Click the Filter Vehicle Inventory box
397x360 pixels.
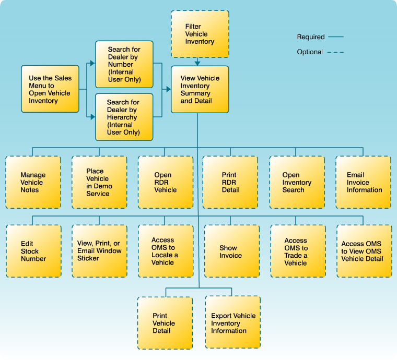(200, 34)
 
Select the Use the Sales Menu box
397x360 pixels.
(50, 89)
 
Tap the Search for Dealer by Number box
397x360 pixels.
(124, 64)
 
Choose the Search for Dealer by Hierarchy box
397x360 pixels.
(124, 117)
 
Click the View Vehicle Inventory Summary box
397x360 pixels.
(200, 89)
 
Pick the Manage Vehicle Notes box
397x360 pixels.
(33, 182)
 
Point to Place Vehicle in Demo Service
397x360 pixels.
(99, 182)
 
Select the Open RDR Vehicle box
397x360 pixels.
(166, 182)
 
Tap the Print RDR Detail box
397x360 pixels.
(230, 182)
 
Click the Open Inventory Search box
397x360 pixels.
(297, 182)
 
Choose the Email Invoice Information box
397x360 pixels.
(363, 182)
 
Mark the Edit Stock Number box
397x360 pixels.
(33, 251)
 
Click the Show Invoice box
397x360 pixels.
(231, 251)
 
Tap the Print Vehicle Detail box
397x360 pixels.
(165, 323)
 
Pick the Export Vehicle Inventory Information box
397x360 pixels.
(232, 323)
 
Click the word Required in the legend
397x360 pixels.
(311, 37)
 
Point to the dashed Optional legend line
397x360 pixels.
(336, 52)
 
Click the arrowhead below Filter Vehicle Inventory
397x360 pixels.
(197, 63)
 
